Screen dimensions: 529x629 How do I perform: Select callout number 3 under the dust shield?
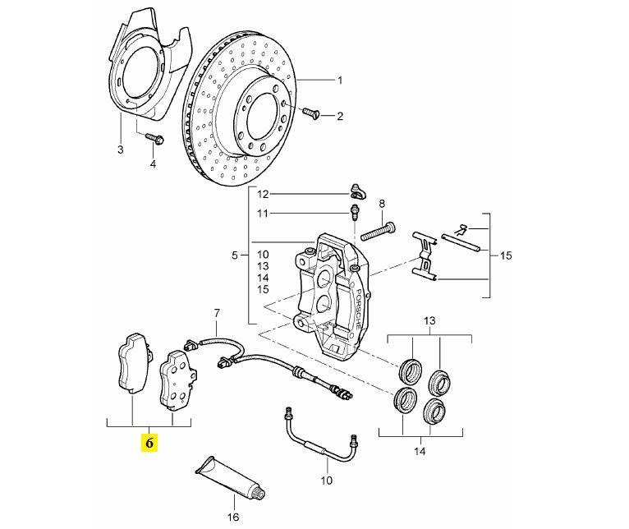click(120, 149)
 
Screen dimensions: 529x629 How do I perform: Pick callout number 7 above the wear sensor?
click(217, 313)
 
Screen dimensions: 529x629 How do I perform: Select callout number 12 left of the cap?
click(263, 195)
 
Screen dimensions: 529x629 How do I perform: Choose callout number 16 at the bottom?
click(232, 517)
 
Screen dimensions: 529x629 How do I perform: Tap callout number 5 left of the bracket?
click(235, 255)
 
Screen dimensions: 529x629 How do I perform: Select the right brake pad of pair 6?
click(175, 379)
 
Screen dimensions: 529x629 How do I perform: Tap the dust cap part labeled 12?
click(356, 192)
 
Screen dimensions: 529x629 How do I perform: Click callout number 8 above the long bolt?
click(381, 203)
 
